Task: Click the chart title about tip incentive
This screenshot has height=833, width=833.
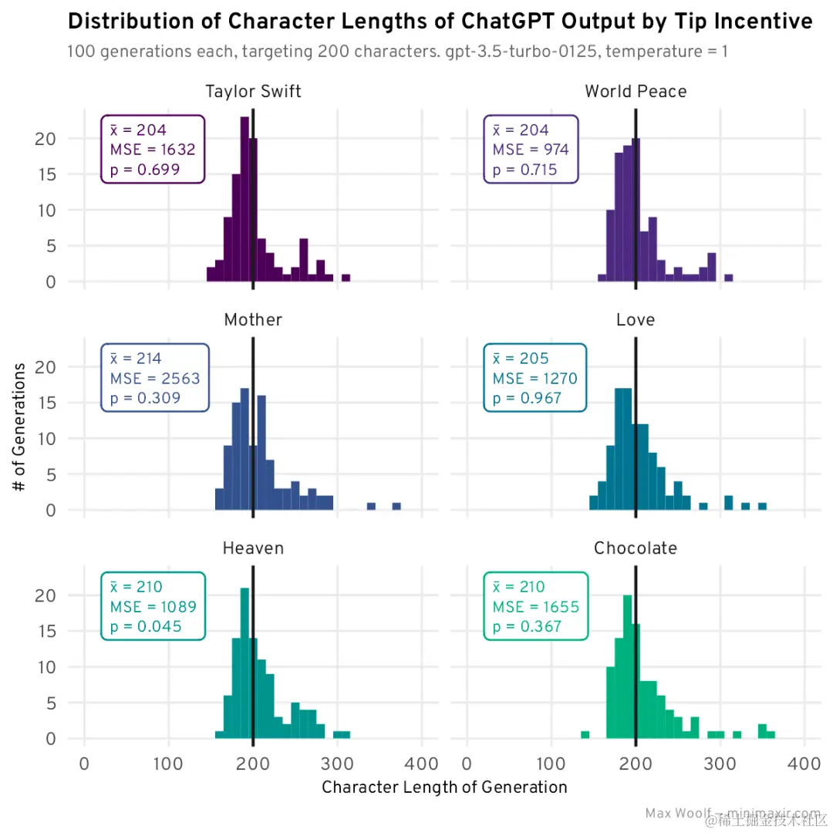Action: (x=440, y=22)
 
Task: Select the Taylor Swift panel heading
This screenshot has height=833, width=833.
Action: (x=253, y=92)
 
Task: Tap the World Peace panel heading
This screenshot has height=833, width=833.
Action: (x=636, y=92)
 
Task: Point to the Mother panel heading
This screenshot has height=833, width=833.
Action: (x=253, y=319)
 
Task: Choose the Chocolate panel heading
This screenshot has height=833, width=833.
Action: (x=636, y=548)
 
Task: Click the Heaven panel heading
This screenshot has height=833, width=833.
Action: (x=253, y=548)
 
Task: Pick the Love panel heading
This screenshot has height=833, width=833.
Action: (x=636, y=319)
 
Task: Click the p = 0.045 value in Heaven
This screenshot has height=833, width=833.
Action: (x=146, y=627)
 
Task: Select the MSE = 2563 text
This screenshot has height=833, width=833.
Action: (x=155, y=379)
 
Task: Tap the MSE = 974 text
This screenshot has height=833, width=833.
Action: (x=531, y=150)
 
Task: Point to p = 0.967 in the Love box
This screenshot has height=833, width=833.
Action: (x=528, y=399)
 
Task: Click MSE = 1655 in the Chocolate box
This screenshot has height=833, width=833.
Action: (x=536, y=607)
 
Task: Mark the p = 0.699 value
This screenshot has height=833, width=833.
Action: (x=145, y=170)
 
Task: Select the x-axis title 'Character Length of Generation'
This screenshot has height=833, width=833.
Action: (x=444, y=787)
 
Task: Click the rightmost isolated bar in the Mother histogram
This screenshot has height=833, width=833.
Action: (x=396, y=506)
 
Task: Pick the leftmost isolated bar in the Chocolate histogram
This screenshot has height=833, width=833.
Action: (x=585, y=734)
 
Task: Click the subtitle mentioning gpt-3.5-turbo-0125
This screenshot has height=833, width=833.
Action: (x=397, y=52)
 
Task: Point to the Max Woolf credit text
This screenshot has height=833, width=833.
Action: (x=733, y=814)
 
